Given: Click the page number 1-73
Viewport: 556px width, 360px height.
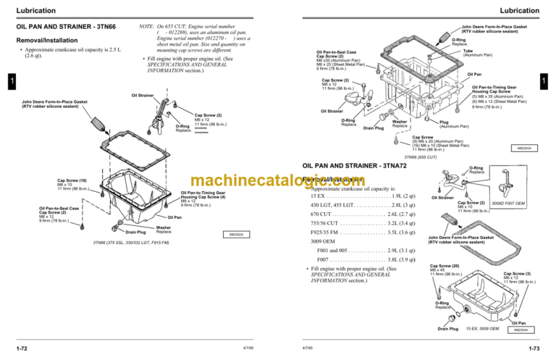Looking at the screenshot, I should [x=536, y=348].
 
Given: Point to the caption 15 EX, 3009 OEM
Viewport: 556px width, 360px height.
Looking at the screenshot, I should [x=482, y=328].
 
